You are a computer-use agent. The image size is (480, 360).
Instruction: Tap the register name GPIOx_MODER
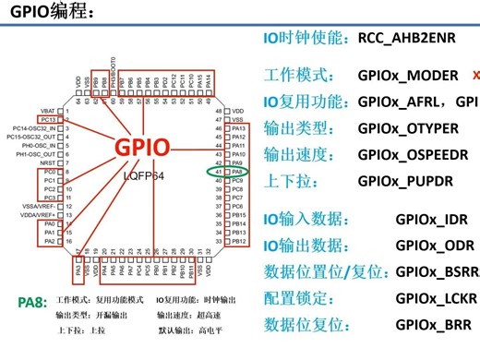tap(408, 75)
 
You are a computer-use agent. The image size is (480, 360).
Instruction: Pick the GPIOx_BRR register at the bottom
tap(426, 325)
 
